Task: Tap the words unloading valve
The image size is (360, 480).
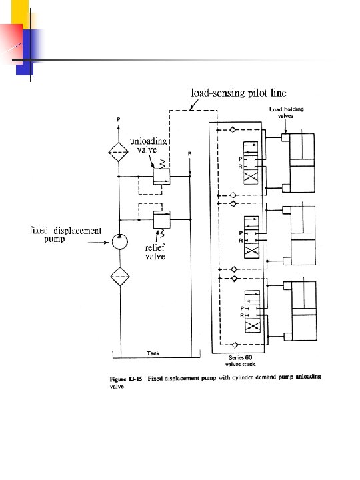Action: (x=148, y=146)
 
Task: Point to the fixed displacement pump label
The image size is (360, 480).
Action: (x=66, y=235)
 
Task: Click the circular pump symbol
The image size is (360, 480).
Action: (x=119, y=241)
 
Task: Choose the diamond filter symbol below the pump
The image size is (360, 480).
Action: (x=119, y=276)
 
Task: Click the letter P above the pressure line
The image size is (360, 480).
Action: (x=119, y=120)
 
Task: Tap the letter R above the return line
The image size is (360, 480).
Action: (x=189, y=154)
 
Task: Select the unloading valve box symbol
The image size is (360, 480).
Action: (x=161, y=177)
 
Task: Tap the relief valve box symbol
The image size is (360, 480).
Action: (x=161, y=219)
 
